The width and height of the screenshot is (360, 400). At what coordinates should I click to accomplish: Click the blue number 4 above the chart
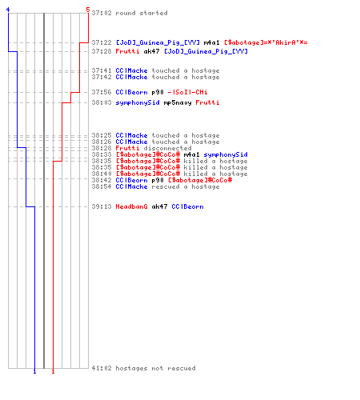8,10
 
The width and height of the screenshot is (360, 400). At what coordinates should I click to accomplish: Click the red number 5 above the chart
88,10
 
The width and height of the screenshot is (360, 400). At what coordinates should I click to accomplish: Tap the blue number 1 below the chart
34,371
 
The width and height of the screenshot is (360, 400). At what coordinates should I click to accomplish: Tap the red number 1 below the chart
53,371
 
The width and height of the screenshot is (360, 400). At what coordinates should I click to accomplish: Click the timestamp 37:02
102,13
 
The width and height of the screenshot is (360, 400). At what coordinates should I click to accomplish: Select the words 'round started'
142,13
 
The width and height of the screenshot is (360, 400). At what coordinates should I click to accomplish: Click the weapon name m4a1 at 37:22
211,42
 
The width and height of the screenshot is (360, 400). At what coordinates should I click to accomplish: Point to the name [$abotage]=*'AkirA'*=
266,42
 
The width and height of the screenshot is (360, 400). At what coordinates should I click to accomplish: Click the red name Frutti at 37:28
127,51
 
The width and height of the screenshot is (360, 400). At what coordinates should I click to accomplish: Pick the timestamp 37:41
102,70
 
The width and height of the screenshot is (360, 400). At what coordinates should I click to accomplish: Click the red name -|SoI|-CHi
187,92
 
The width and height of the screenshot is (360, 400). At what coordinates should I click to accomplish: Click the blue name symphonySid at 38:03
138,102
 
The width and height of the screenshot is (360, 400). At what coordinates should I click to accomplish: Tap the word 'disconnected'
167,148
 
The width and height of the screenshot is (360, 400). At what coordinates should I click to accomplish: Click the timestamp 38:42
102,180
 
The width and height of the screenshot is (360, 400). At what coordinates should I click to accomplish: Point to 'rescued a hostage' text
186,186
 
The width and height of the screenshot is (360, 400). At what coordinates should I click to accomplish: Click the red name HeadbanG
131,206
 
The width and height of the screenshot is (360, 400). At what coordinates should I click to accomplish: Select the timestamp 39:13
102,206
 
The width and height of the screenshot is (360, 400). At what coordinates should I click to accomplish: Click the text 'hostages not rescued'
155,368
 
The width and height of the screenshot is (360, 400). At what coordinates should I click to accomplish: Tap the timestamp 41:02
102,368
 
